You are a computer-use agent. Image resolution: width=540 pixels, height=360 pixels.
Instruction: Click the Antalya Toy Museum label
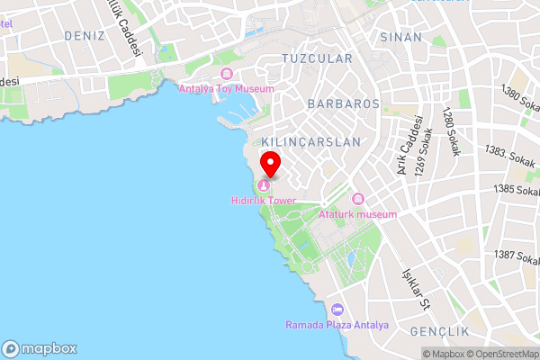point(226,88)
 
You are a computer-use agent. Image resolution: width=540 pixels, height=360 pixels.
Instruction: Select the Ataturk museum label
point(357,214)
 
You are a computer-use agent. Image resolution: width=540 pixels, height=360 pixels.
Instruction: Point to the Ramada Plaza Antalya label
point(337,325)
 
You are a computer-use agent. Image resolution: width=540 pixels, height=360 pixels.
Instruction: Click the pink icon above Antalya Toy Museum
point(226,74)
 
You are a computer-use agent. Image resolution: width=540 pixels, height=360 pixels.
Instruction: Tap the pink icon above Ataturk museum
point(357,199)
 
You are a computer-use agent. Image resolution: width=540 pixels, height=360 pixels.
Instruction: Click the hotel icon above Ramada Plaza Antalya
point(337,310)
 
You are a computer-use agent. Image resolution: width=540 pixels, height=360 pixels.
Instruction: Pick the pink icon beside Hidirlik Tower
point(263,185)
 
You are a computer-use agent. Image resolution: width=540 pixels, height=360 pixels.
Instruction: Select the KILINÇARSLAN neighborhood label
point(310,142)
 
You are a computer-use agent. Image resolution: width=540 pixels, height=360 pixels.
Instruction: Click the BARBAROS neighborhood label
point(343,103)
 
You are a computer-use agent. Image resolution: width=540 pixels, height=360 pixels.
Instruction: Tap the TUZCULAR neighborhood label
point(317,58)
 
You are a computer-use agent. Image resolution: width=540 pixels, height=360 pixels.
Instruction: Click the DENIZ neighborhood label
point(85,35)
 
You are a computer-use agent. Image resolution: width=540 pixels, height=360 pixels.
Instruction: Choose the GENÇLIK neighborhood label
point(441,332)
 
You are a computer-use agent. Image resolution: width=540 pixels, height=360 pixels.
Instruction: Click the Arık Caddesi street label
point(405,146)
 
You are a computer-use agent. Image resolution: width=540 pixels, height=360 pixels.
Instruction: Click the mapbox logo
point(39,348)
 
